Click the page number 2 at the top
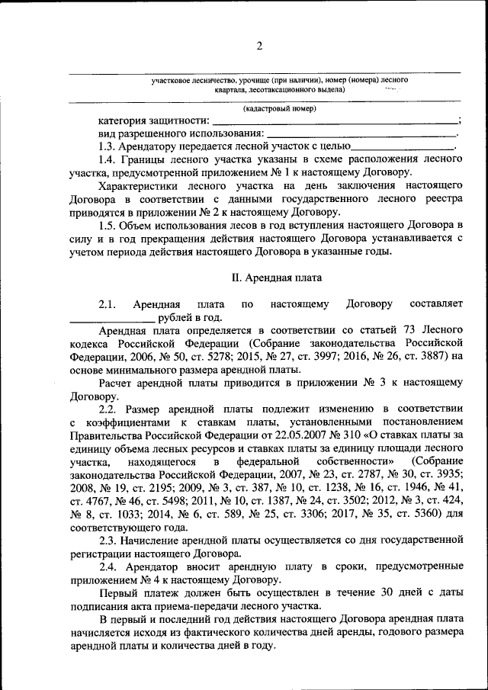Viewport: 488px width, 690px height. pos(258,47)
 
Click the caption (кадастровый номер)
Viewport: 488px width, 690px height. pos(279,109)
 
